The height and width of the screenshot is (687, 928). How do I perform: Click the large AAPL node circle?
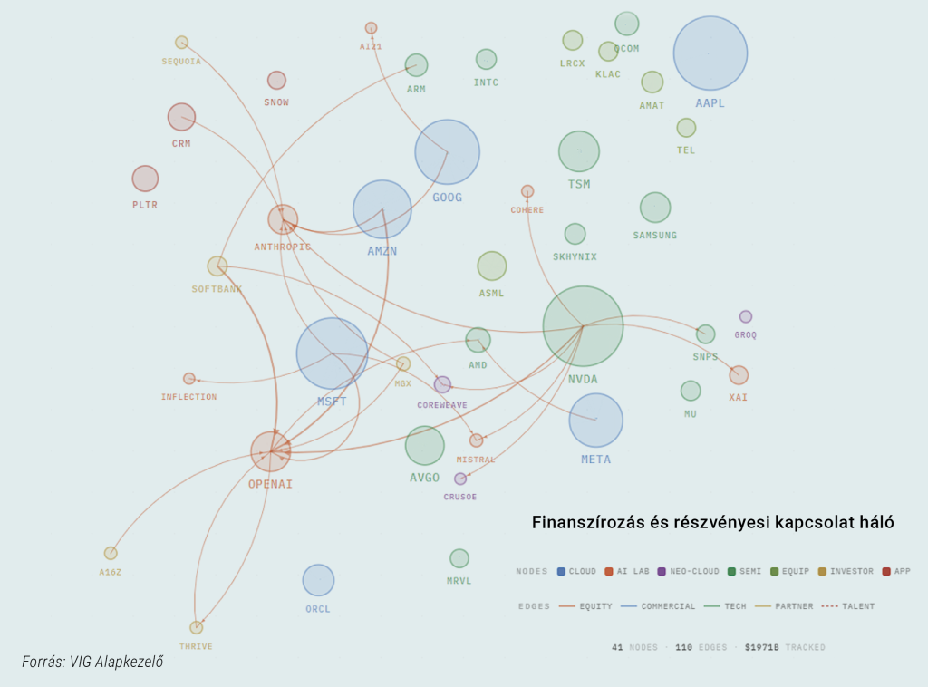point(710,53)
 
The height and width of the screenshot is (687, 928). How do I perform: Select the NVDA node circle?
point(583,326)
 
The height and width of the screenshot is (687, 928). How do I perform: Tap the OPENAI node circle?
point(270,451)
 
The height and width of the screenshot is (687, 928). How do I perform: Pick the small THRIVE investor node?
point(197,627)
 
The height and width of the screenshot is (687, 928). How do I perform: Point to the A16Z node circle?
point(111,553)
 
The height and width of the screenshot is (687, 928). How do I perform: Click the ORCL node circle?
point(318,580)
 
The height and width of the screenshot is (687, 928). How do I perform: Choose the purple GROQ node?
point(746,316)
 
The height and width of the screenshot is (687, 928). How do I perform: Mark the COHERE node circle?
point(527,191)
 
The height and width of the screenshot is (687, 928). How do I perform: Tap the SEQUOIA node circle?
point(181,43)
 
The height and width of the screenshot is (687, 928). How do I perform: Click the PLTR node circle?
point(145,179)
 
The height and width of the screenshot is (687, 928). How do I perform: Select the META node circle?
point(596,421)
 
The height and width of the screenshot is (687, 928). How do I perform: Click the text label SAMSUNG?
point(654,236)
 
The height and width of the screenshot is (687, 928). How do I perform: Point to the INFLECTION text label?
point(188,397)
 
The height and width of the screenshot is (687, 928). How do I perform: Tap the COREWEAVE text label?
point(442,405)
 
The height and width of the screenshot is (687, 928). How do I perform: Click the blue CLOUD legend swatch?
point(561,572)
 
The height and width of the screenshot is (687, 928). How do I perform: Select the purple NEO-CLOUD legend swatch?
point(662,572)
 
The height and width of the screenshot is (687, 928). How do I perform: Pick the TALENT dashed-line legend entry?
point(848,606)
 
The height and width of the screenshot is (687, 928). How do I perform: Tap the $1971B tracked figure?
point(761,647)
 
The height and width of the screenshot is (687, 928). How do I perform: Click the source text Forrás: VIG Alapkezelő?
point(92,662)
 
